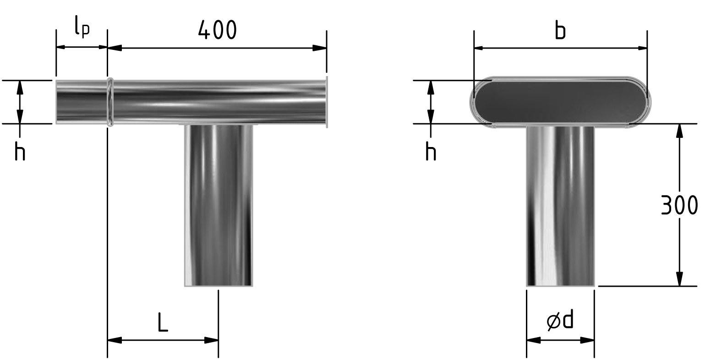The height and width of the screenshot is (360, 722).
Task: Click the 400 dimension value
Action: [x=217, y=30]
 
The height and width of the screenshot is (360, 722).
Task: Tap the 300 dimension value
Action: [x=679, y=205]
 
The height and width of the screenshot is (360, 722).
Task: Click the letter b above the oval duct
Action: [x=561, y=31]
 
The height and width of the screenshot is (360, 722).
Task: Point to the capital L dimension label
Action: [x=163, y=322]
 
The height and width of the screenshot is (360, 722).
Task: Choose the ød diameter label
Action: [x=560, y=320]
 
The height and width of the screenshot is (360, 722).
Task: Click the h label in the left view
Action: [x=20, y=152]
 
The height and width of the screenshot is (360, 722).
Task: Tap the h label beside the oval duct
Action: [x=431, y=152]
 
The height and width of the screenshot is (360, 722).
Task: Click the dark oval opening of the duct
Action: [x=560, y=102]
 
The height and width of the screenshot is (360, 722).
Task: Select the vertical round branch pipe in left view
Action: [x=219, y=205]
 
